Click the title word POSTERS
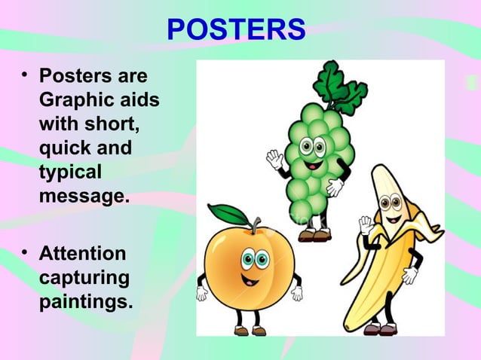coord(236,30)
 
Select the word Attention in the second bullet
coord(82,253)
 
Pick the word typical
coord(69,172)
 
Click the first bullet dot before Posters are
coord(25,75)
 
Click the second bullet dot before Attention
coord(25,252)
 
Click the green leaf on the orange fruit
coord(228,214)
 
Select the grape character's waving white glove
coord(274,159)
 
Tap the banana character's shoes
coord(381,329)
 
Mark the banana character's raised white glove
coord(366,224)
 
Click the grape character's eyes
coord(313,146)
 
